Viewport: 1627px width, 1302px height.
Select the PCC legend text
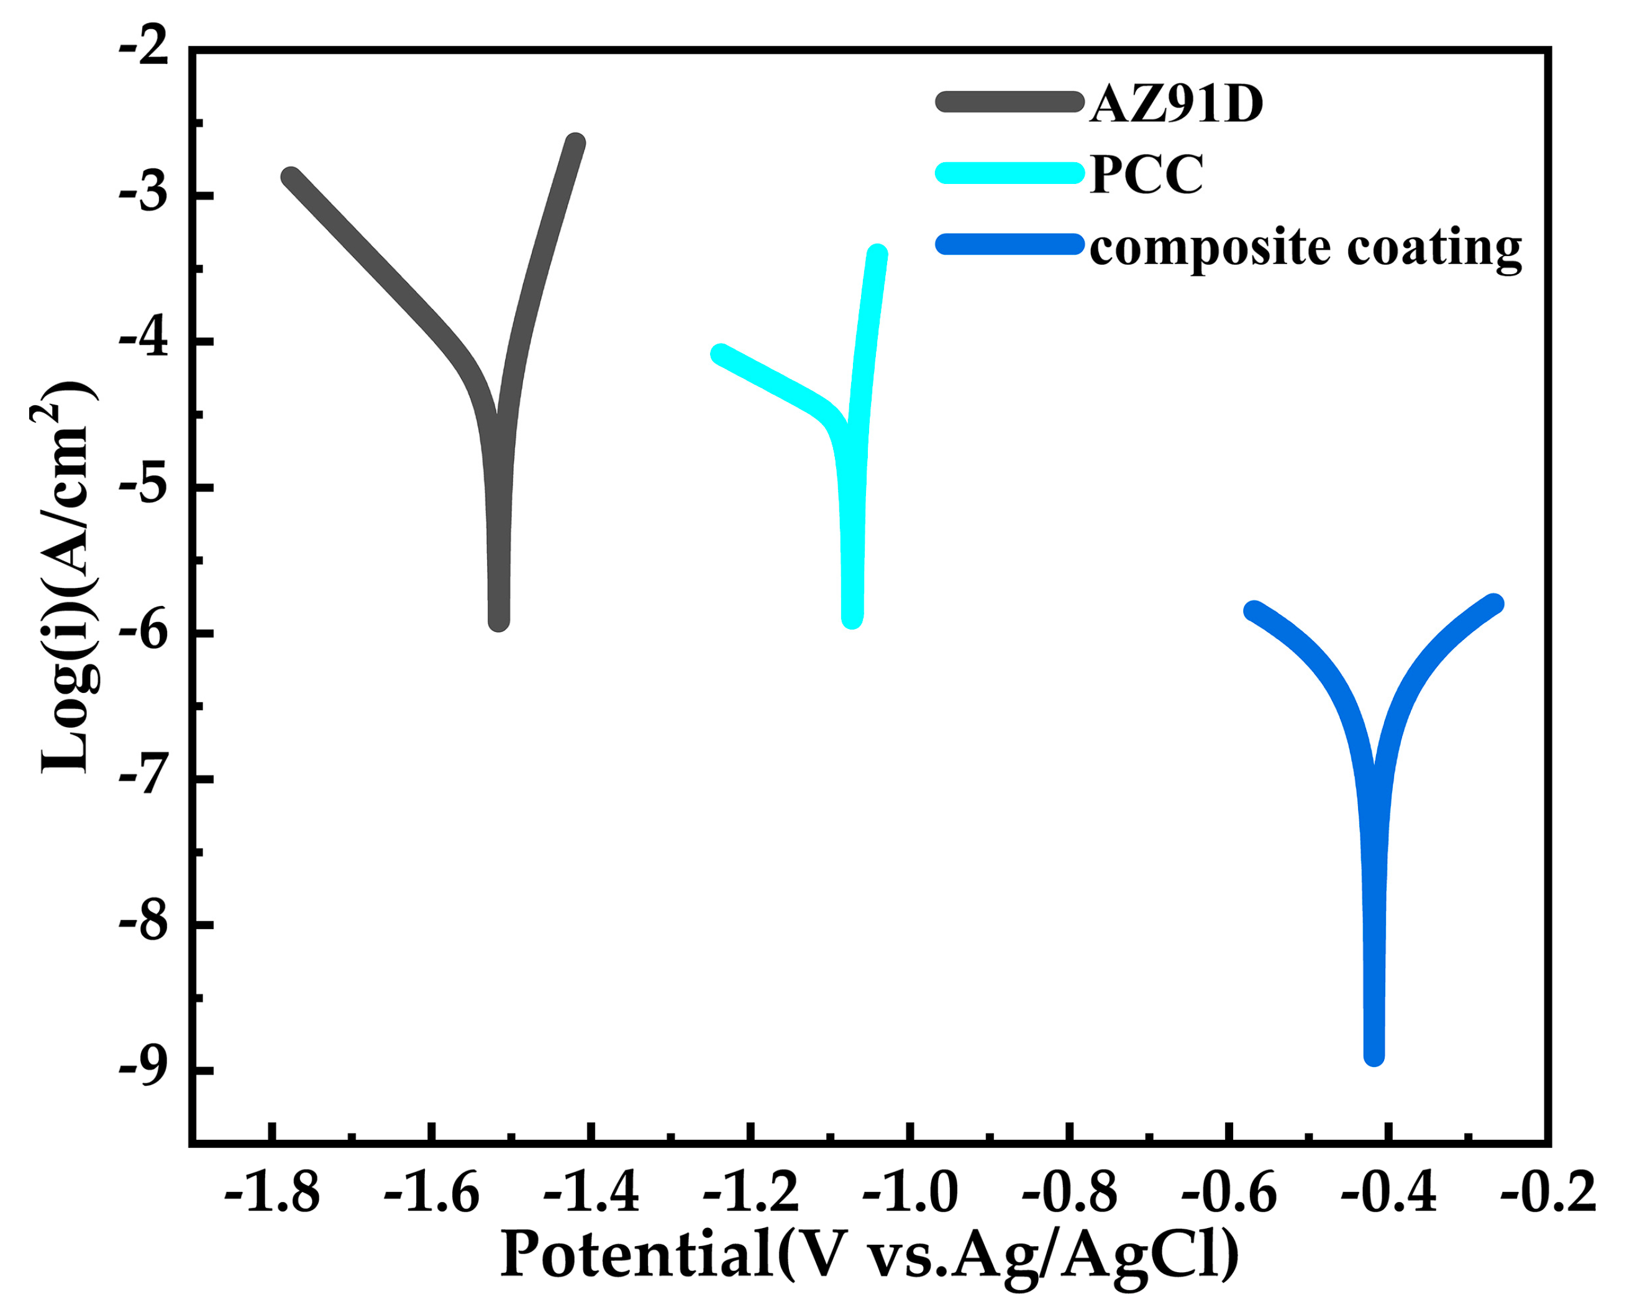click(x=1146, y=175)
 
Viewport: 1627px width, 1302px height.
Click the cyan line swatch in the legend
click(x=1009, y=172)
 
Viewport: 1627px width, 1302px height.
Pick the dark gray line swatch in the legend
click(x=1009, y=101)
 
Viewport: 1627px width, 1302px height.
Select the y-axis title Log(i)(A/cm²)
click(x=66, y=577)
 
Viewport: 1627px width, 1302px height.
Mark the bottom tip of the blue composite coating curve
click(x=1374, y=1055)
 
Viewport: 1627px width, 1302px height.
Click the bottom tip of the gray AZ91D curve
click(x=499, y=620)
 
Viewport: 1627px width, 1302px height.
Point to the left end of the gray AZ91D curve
click(x=291, y=177)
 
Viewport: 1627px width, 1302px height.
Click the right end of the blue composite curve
click(x=1494, y=604)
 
